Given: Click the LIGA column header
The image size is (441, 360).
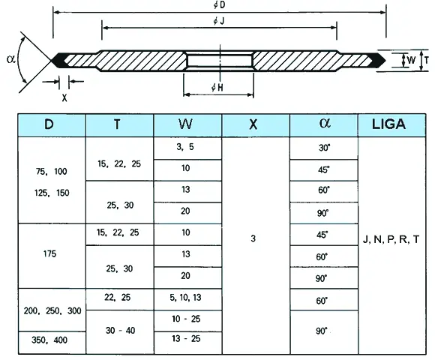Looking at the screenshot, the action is click(x=388, y=124).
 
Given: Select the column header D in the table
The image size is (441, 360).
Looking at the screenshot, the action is click(x=49, y=124).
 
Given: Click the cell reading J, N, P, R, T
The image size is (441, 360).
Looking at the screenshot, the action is click(x=391, y=239).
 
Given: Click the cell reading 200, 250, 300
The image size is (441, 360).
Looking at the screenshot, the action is click(x=52, y=310).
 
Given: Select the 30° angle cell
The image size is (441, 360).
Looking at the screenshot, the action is click(x=324, y=148).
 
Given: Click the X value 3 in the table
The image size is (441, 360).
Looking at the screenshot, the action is click(x=253, y=238).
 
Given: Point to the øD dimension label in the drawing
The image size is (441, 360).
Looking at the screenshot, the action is click(x=219, y=5).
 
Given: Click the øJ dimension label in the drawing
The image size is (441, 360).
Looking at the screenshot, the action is click(x=218, y=21).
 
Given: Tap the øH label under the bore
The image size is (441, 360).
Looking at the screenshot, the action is click(x=217, y=88).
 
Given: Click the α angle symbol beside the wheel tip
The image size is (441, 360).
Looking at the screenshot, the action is click(x=11, y=59).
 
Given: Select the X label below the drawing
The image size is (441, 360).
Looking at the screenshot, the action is click(x=64, y=97).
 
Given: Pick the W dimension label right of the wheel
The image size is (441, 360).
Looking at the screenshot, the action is click(x=411, y=60).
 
